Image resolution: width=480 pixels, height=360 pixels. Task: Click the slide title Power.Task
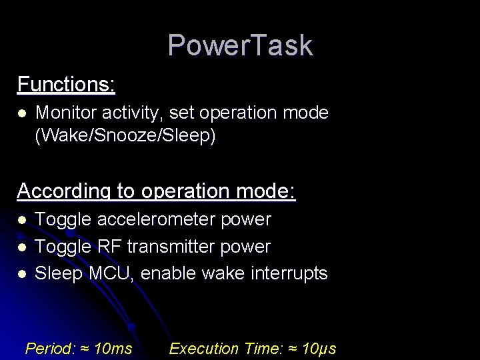[x=240, y=45]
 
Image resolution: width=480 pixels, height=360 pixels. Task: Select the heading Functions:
[x=66, y=85]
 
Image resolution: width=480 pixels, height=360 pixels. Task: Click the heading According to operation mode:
[x=156, y=191]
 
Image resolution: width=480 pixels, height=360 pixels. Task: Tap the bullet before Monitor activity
[x=22, y=113]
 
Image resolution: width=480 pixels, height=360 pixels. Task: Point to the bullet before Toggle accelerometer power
[x=22, y=220]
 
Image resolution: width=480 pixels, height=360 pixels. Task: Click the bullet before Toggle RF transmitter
[x=22, y=247]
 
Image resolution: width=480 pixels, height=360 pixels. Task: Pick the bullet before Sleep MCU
[x=22, y=274]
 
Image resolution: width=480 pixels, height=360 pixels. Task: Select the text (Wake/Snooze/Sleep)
[x=125, y=137]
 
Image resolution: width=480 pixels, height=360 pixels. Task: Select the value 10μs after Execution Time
[x=319, y=348]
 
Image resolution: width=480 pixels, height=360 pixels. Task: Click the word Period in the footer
[x=49, y=348]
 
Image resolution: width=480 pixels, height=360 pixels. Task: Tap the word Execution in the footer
[x=204, y=348]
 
